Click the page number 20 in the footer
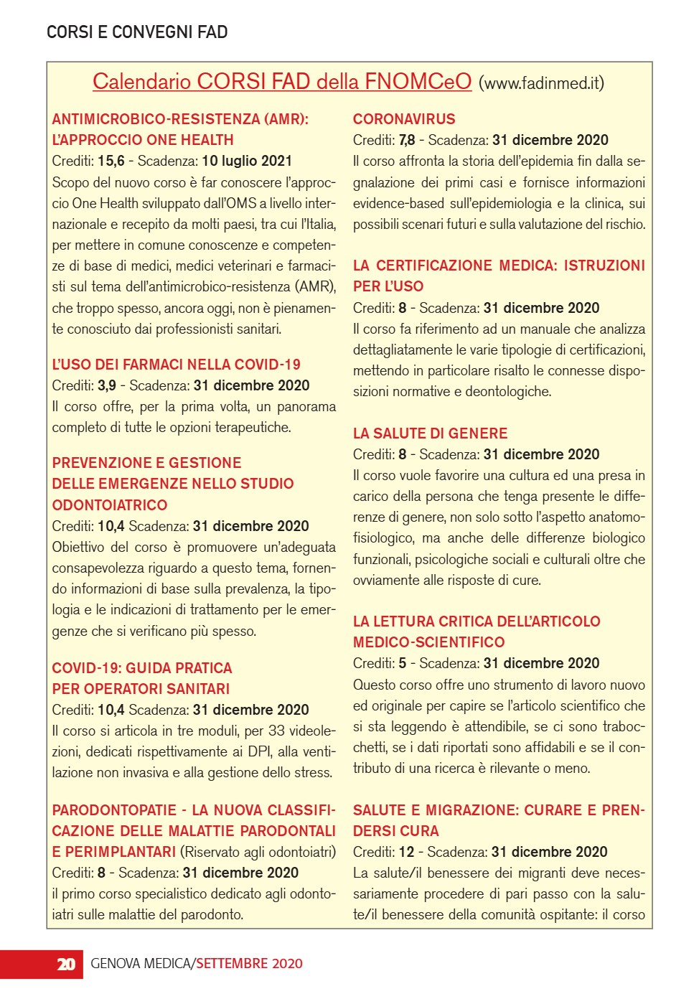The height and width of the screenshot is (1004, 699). pyautogui.click(x=65, y=964)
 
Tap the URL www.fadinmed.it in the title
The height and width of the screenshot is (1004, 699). pyautogui.click(x=541, y=83)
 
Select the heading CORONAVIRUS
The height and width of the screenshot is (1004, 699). pyautogui.click(x=404, y=119)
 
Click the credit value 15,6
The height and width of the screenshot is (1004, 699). pyautogui.click(x=111, y=161)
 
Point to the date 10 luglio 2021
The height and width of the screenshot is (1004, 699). pyautogui.click(x=247, y=161)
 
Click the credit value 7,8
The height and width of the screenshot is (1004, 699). pyautogui.click(x=407, y=140)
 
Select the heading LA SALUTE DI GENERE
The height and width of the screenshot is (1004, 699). pyautogui.click(x=430, y=433)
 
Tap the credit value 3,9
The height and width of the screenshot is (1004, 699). pyautogui.click(x=107, y=385)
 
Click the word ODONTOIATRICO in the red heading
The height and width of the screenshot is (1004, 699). pyautogui.click(x=110, y=505)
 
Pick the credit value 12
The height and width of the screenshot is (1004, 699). pyautogui.click(x=407, y=852)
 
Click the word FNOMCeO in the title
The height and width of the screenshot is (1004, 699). pyautogui.click(x=418, y=81)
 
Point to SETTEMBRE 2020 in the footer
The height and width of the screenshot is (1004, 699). pyautogui.click(x=250, y=964)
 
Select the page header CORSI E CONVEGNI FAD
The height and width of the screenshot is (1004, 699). pyautogui.click(x=137, y=32)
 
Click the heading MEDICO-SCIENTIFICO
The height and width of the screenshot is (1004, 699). pyautogui.click(x=428, y=642)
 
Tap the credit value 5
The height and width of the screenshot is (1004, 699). pyautogui.click(x=403, y=663)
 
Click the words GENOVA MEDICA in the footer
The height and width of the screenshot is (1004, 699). pyautogui.click(x=141, y=964)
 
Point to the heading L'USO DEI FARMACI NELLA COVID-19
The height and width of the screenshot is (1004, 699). pyautogui.click(x=177, y=365)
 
